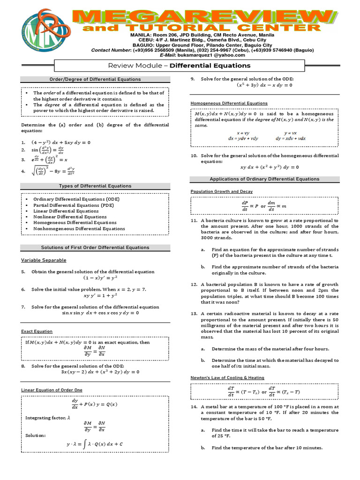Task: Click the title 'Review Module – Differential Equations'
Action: coord(180,66)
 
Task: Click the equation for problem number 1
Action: coord(61,142)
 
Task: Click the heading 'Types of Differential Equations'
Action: coord(95,186)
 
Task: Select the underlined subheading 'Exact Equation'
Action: coord(37,331)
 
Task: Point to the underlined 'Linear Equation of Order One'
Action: coord(52,390)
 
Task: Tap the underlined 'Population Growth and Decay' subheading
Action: coord(221,191)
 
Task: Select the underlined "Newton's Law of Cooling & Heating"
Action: coord(227,377)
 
